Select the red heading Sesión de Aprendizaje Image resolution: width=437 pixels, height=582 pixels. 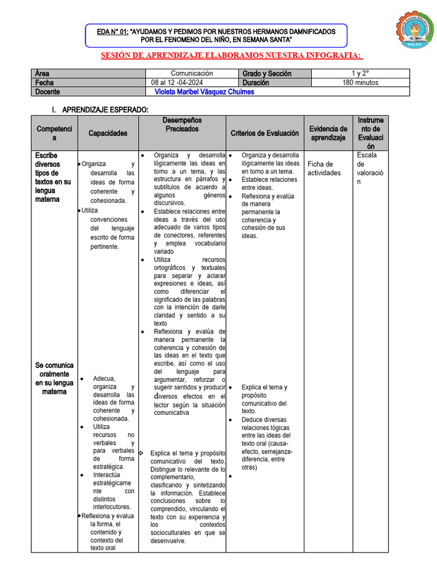232,55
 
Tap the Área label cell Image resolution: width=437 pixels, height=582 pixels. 42,74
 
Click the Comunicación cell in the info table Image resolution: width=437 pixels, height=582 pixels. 192,74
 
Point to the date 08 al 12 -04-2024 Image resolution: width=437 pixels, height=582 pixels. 178,82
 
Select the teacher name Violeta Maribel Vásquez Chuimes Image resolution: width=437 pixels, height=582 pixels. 204,92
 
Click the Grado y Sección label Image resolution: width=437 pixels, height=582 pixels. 267,74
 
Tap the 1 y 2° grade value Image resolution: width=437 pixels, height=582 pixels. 360,74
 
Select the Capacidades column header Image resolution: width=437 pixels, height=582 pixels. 108,133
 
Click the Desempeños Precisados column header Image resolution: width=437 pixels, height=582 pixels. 182,125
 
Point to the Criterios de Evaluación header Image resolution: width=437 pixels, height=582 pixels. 265,133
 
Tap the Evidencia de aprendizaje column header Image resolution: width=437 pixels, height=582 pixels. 328,133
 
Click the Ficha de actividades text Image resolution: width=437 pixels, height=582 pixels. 324,168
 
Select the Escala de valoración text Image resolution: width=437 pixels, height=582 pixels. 370,168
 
